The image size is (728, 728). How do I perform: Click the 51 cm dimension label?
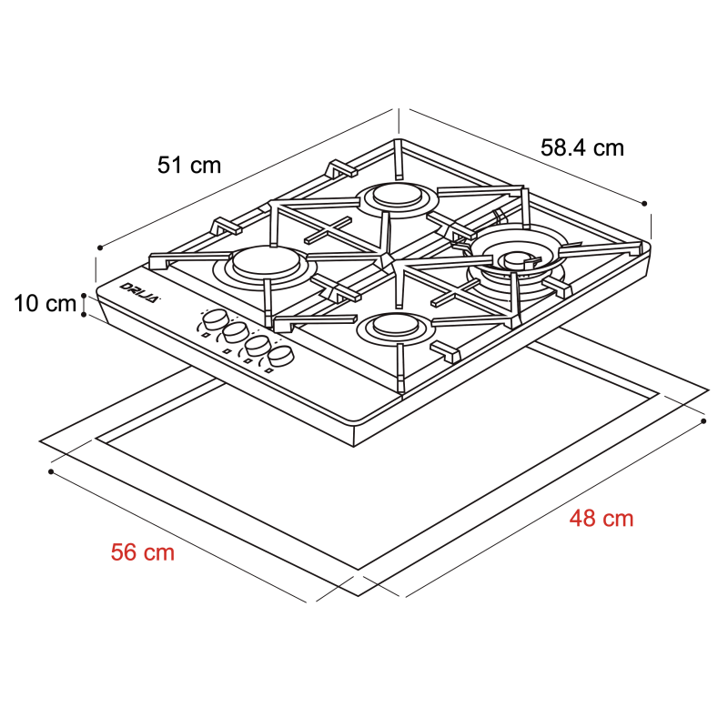pos(189,165)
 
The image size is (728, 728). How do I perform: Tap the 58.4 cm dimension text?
pos(582,147)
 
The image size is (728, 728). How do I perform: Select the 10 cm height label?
pos(45,304)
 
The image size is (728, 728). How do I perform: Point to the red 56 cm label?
pos(143,551)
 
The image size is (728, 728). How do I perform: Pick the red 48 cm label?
pos(602,519)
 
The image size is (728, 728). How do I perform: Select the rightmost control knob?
pos(282,355)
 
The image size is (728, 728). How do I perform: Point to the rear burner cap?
pos(396,194)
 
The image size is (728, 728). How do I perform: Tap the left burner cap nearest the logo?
pos(261,263)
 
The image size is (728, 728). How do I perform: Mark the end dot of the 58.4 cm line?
pos(644,204)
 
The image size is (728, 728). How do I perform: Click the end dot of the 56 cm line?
pos(51,472)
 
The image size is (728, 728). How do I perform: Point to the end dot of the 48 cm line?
pos(705,421)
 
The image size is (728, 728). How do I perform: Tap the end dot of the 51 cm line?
pos(98,247)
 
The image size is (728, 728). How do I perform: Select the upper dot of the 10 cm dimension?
pos(84,295)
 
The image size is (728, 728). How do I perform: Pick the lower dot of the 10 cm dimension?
pos(84,315)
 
